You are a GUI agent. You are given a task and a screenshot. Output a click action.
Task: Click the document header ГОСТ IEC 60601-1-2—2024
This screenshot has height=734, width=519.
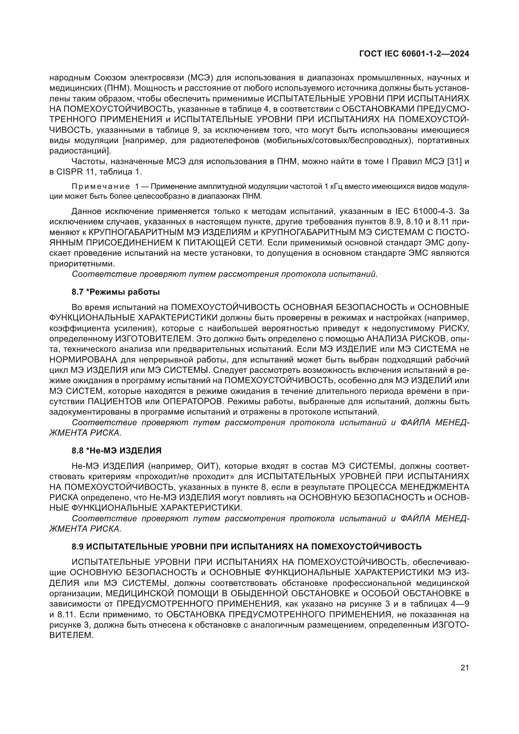pos(414,54)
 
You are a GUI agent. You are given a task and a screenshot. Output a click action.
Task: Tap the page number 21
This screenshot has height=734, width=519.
pos(465,668)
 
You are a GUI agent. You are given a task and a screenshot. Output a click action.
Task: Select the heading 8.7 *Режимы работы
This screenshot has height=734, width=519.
pos(116,292)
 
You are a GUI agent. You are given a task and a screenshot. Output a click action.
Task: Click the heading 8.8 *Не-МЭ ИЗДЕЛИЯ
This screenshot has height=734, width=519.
pos(116,451)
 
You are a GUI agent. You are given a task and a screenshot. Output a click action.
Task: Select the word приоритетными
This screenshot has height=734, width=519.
pos(82,264)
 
